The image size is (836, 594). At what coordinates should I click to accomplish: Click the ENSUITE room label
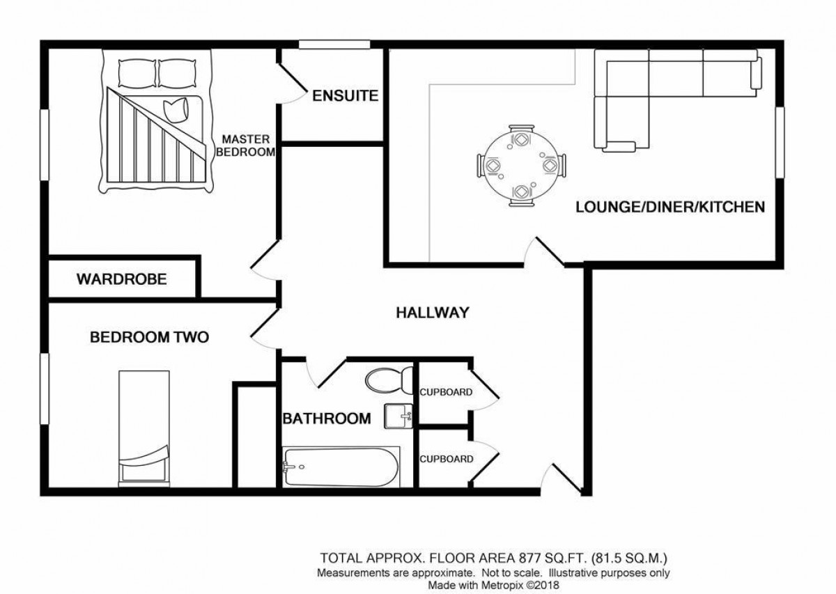tap(345, 96)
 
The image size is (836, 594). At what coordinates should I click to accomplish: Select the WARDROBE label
tap(122, 280)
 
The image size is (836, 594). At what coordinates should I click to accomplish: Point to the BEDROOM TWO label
tap(150, 338)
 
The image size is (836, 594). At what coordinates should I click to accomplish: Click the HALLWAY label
tap(432, 313)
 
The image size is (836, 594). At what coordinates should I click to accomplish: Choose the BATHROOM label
tap(326, 419)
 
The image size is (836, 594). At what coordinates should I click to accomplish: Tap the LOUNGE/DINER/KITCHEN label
tap(670, 207)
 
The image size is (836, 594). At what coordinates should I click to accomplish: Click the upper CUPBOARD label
tap(446, 392)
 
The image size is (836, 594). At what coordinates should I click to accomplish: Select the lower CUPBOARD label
tap(446, 459)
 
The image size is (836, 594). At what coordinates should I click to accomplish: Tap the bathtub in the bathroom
tap(341, 467)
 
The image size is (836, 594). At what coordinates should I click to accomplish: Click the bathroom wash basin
tap(401, 416)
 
